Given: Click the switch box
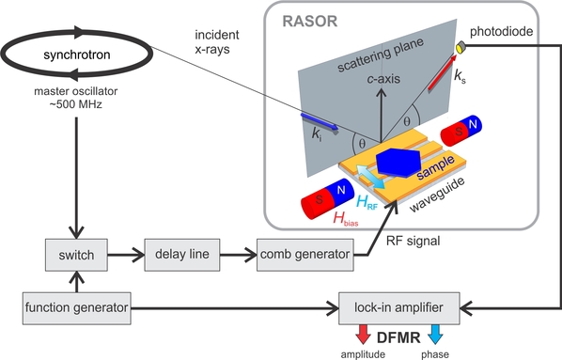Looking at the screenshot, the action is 76,255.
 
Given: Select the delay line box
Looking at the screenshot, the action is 182,255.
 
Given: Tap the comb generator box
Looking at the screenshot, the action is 305,255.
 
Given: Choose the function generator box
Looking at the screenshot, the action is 77,308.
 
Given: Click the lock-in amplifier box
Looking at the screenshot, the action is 398,308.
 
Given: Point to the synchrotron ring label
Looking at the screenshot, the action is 77,55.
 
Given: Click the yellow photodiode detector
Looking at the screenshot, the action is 461,47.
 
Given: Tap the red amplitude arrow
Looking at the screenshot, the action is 363,334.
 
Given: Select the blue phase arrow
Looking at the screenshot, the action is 435,334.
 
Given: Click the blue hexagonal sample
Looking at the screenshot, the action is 398,163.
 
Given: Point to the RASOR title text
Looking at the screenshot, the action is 310,22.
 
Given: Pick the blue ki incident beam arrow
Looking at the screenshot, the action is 320,122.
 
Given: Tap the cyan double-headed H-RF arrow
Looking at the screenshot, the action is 370,177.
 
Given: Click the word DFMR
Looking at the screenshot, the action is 398,337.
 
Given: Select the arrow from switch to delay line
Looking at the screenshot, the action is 125,255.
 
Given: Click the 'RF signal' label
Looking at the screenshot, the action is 413,241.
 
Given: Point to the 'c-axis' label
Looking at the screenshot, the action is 383,79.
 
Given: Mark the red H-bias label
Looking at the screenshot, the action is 346,218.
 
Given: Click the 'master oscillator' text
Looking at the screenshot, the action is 75,91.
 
